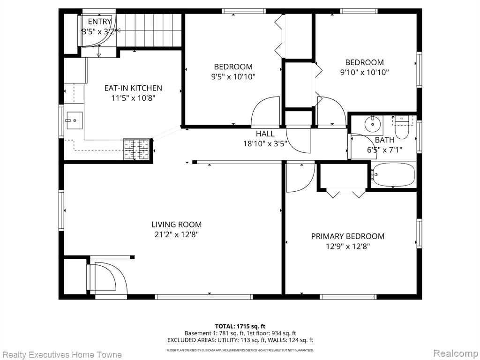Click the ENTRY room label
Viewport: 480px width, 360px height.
[99, 22]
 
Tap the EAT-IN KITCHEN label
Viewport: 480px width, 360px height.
[133, 88]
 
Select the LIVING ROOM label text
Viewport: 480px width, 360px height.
[177, 225]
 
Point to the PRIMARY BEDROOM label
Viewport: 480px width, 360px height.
[348, 236]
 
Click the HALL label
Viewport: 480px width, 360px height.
[265, 134]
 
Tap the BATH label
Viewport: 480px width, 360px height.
[384, 140]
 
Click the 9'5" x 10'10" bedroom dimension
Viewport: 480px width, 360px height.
[233, 76]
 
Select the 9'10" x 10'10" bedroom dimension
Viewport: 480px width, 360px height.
[364, 72]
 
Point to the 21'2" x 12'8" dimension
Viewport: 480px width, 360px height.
[177, 235]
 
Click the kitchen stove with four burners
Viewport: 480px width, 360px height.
[136, 150]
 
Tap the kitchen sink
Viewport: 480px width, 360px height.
[74, 120]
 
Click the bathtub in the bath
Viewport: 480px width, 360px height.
[394, 174]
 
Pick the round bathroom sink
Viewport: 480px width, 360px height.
[372, 124]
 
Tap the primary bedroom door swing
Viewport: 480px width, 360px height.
[300, 178]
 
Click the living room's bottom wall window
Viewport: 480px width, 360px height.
[203, 297]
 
